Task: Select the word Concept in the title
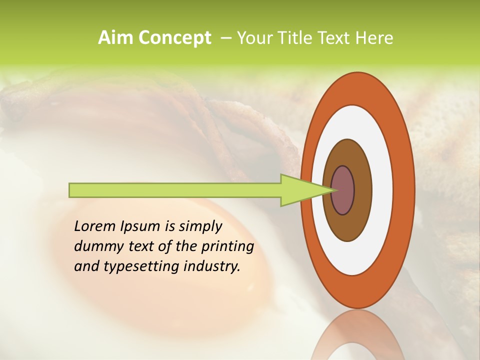coord(174,38)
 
